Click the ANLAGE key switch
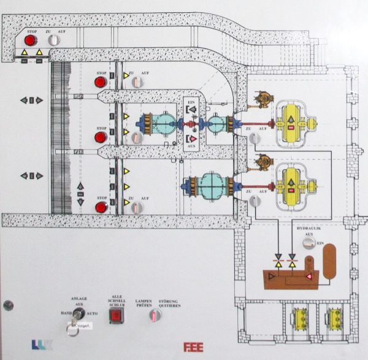pos(77,314)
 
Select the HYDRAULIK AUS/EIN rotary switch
pos(309,243)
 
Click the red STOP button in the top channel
pos(30,40)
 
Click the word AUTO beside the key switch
pos(91,312)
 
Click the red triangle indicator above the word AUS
pos(193,139)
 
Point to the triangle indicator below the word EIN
pos(193,109)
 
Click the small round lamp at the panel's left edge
pos(8,305)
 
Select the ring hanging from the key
pos(72,330)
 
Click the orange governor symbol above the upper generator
pos(265,98)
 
